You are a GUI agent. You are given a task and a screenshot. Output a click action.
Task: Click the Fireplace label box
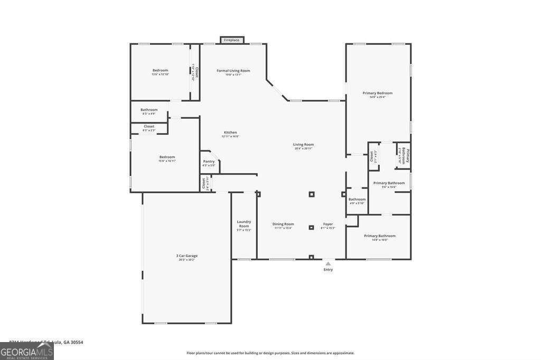tap(232, 40)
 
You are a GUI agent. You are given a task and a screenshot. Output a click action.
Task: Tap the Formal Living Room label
tap(233, 71)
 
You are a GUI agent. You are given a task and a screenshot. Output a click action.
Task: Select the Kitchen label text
tap(230, 132)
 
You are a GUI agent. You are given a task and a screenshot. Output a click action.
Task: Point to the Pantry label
tap(209, 162)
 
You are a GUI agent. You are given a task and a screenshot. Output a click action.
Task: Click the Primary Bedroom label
tap(377, 93)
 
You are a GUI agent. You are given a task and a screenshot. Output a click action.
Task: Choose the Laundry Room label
tap(244, 224)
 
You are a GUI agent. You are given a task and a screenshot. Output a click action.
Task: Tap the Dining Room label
tap(283, 224)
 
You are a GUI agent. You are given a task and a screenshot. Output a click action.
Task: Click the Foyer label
tap(328, 224)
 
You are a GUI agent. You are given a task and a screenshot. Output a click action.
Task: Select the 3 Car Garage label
tap(187, 255)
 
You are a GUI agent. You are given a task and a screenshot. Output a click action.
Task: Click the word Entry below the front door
tap(328, 270)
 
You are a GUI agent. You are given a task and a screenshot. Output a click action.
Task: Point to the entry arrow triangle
tap(328, 263)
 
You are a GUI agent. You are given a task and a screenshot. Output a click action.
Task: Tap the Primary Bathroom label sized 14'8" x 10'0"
tap(379, 236)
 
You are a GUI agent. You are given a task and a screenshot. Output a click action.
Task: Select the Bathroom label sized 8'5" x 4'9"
tap(149, 110)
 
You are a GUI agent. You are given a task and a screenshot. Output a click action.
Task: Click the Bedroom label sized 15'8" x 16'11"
tap(167, 157)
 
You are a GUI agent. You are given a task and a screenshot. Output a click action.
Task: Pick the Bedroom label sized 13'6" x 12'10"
tap(160, 70)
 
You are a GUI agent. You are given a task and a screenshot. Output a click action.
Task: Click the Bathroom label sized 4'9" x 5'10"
tap(357, 200)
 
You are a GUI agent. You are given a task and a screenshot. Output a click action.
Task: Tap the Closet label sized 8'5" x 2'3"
tap(149, 127)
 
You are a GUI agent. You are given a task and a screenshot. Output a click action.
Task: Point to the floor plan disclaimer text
tap(270, 353)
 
